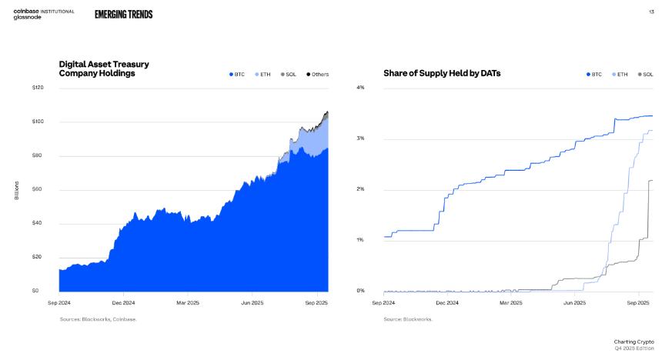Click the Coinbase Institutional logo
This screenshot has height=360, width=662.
pyautogui.click(x=43, y=11)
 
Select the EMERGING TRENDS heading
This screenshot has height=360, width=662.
pyautogui.click(x=123, y=15)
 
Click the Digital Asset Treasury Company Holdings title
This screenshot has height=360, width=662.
pyautogui.click(x=104, y=68)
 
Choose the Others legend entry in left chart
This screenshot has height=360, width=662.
pyautogui.click(x=318, y=75)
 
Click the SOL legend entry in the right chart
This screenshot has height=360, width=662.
pyautogui.click(x=645, y=75)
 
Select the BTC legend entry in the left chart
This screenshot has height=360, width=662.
pyautogui.click(x=236, y=75)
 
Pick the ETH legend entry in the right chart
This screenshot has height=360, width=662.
pyautogui.click(x=620, y=75)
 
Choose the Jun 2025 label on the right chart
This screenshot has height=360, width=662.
pyautogui.click(x=574, y=303)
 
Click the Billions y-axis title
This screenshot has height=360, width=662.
pyautogui.click(x=16, y=190)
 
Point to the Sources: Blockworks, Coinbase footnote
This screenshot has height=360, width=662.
pyautogui.click(x=99, y=319)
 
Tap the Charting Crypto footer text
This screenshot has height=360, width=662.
pyautogui.click(x=634, y=341)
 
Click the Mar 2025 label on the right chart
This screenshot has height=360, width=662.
pyautogui.click(x=510, y=303)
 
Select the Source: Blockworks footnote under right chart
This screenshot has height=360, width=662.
pyautogui.click(x=408, y=319)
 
